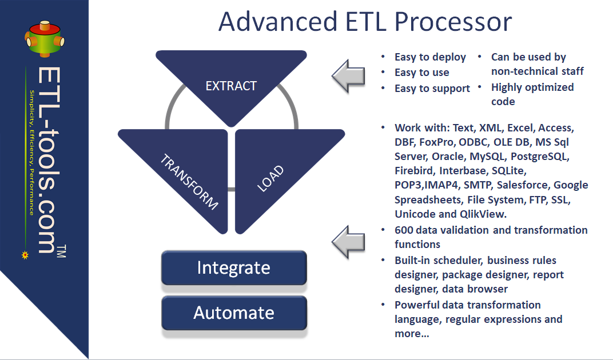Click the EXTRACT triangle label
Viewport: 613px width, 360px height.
coord(231,86)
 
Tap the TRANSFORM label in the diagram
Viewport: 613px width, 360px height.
coord(189,182)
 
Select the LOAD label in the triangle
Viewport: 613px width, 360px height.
coord(270,178)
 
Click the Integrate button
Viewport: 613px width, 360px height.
coord(234,268)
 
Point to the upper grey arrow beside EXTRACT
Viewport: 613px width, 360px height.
coord(348,76)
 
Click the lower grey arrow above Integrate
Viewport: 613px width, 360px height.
coord(348,242)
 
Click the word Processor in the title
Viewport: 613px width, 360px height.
coord(453,22)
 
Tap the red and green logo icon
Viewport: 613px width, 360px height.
coord(45,39)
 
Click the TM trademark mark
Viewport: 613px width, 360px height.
coord(61,251)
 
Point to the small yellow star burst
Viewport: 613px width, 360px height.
coord(25,255)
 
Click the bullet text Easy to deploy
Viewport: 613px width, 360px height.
coord(430,57)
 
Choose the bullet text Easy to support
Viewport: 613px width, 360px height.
coord(432,89)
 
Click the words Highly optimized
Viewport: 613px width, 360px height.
coord(532,87)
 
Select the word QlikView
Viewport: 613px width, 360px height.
coord(483,214)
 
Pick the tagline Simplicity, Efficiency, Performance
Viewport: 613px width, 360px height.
coord(32,153)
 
